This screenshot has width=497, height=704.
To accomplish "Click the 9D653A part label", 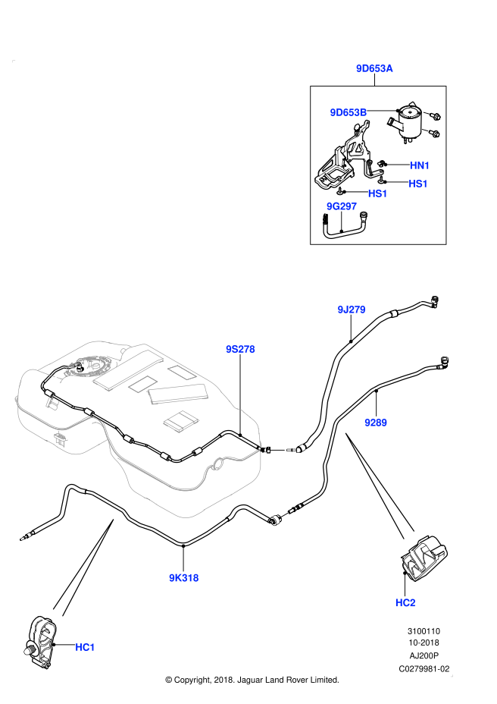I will click(x=374, y=68).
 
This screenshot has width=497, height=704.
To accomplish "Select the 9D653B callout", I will click(x=348, y=112).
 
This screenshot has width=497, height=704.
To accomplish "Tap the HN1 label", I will click(x=420, y=165).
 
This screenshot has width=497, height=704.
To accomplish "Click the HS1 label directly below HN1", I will click(x=417, y=184).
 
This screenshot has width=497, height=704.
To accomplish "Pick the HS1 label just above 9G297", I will click(x=377, y=193).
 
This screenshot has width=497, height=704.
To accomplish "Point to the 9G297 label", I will click(x=341, y=206).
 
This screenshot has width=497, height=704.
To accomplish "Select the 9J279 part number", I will click(x=351, y=310).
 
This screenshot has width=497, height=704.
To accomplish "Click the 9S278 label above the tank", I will click(x=240, y=349).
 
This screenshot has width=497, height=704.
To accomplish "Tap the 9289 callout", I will click(x=375, y=423).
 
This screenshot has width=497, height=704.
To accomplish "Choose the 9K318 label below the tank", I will click(x=183, y=578).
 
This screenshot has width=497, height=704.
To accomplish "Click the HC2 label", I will click(x=405, y=603).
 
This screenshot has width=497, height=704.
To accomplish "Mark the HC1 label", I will click(x=85, y=647).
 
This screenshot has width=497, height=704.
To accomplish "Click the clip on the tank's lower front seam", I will click(x=61, y=438).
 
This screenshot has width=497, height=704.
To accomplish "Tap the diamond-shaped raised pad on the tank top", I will click(x=181, y=421).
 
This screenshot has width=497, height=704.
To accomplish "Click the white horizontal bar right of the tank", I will click(x=278, y=450).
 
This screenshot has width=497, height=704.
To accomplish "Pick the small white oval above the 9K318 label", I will click(x=285, y=515).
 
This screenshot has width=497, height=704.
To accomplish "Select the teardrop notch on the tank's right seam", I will click(x=217, y=462).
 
